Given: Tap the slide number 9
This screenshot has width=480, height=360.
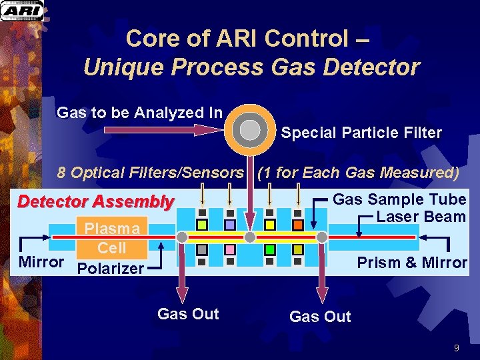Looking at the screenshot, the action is [x=456, y=347].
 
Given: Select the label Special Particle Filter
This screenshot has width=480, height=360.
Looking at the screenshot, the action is [x=361, y=133].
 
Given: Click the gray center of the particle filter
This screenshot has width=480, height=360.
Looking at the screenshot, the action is [x=249, y=129].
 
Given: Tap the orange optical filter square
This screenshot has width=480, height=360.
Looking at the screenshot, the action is [x=298, y=224].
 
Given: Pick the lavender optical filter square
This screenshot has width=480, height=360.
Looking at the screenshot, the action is [x=229, y=225].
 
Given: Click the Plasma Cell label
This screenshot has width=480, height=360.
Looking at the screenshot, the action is [x=112, y=238].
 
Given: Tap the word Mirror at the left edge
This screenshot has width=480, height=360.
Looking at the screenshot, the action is [x=41, y=261].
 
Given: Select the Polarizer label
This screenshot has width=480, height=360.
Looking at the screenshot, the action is [x=111, y=269].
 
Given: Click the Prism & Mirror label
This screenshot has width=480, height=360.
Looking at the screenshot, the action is [x=411, y=263].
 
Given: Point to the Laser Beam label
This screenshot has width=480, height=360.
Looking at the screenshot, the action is [x=421, y=217].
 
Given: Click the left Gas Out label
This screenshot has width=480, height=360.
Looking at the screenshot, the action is [x=187, y=314].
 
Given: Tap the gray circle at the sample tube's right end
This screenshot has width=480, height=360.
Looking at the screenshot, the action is [x=321, y=237].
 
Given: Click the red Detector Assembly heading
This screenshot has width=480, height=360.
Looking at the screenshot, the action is [x=95, y=201].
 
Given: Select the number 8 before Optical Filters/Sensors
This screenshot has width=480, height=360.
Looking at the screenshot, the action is [x=61, y=173].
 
